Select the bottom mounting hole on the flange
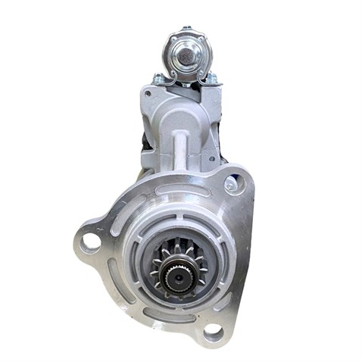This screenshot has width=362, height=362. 214,331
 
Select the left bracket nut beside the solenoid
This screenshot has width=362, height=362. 158,78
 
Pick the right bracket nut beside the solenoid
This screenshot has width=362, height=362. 212,78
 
